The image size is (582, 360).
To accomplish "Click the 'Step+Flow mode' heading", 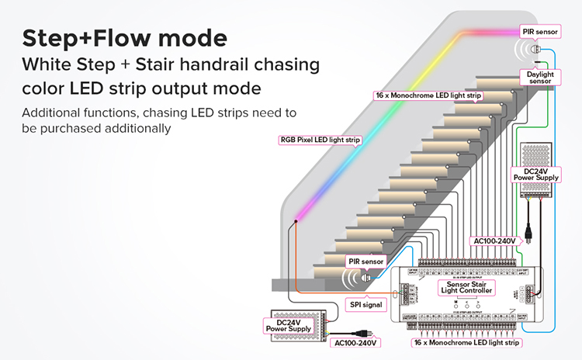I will point(125,38).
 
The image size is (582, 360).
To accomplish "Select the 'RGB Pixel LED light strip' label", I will point(321,140).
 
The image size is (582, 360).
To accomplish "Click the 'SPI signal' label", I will point(361,305).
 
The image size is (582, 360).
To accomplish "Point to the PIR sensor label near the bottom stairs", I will point(365,262).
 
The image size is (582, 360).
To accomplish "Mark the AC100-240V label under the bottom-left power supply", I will point(354,342).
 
